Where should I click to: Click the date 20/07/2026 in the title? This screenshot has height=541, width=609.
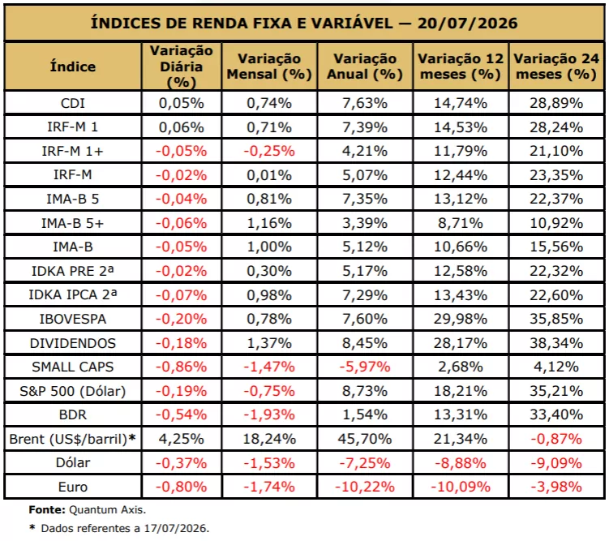pos(467,24)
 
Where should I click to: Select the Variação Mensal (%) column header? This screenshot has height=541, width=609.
pos(269,67)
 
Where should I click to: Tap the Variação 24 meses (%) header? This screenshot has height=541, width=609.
pos(556,67)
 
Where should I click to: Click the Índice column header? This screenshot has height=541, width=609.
pos(73,67)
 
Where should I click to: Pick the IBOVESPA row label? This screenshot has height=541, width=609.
pos(73,319)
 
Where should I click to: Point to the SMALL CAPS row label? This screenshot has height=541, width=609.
pos(73,367)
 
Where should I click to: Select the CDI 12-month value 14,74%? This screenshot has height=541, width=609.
pos(461,103)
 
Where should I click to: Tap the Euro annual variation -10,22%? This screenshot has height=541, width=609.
pos(365,487)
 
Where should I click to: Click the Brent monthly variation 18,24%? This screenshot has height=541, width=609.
pos(269,439)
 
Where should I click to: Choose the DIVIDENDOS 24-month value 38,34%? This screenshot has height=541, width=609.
pos(556,343)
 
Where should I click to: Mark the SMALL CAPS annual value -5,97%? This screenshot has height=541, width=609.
pos(365,367)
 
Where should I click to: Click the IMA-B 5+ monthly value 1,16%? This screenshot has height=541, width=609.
pos(269,223)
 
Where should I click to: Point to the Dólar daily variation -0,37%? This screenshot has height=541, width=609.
pos(181,463)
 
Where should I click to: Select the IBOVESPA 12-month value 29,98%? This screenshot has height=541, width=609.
pos(461,319)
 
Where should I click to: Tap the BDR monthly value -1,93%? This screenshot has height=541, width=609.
pos(269,414)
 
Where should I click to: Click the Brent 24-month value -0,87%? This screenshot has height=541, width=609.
pos(556,439)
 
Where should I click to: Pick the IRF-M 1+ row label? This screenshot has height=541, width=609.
pos(73,151)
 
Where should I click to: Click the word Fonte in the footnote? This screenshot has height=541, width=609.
pos(47,509)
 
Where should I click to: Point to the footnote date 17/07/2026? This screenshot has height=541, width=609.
pos(175,528)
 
